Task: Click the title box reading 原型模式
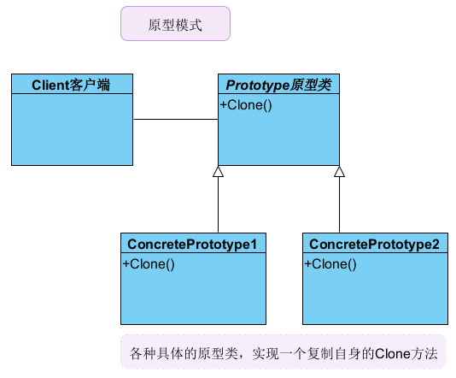pyautogui.click(x=174, y=25)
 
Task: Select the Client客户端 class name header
pyautogui.click(x=72, y=84)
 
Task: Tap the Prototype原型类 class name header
pyautogui.click(x=278, y=84)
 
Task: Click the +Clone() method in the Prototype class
pyautogui.click(x=246, y=106)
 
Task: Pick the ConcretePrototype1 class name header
pyautogui.click(x=191, y=244)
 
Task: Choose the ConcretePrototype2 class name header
pyautogui.click(x=374, y=244)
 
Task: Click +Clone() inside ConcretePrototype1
pyautogui.click(x=149, y=264)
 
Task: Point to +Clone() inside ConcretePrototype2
pyautogui.click(x=331, y=264)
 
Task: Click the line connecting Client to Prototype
pyautogui.click(x=175, y=119)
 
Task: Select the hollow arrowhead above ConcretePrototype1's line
pyautogui.click(x=218, y=171)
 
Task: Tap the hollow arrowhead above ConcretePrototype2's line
pyautogui.click(x=339, y=171)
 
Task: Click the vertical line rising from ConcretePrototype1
pyautogui.click(x=218, y=205)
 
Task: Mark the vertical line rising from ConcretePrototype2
pyautogui.click(x=339, y=205)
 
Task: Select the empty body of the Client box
pyautogui.click(x=72, y=128)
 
